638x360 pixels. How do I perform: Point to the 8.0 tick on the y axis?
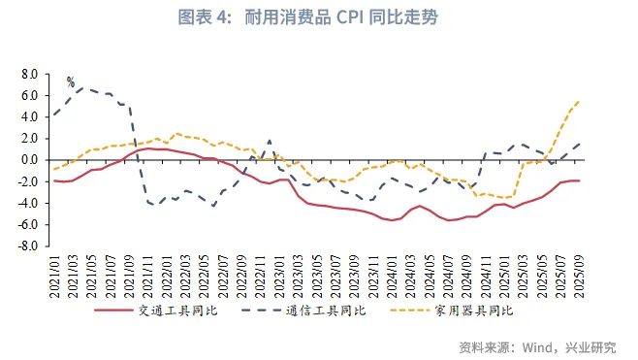pos(29,74)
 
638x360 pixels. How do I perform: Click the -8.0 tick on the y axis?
pos(27,246)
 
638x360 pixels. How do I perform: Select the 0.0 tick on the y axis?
pos(29,160)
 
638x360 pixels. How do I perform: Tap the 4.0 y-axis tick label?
pos(29,116)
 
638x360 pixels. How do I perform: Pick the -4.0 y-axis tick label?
pos(27,203)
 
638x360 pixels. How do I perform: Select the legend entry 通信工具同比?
pos(329,311)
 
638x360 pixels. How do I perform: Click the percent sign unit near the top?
pos(70,82)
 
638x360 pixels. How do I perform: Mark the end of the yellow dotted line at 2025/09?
pos(580,101)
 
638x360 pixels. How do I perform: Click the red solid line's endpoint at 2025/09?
pos(580,180)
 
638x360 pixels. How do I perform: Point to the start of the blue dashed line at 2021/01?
pos(53,115)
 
